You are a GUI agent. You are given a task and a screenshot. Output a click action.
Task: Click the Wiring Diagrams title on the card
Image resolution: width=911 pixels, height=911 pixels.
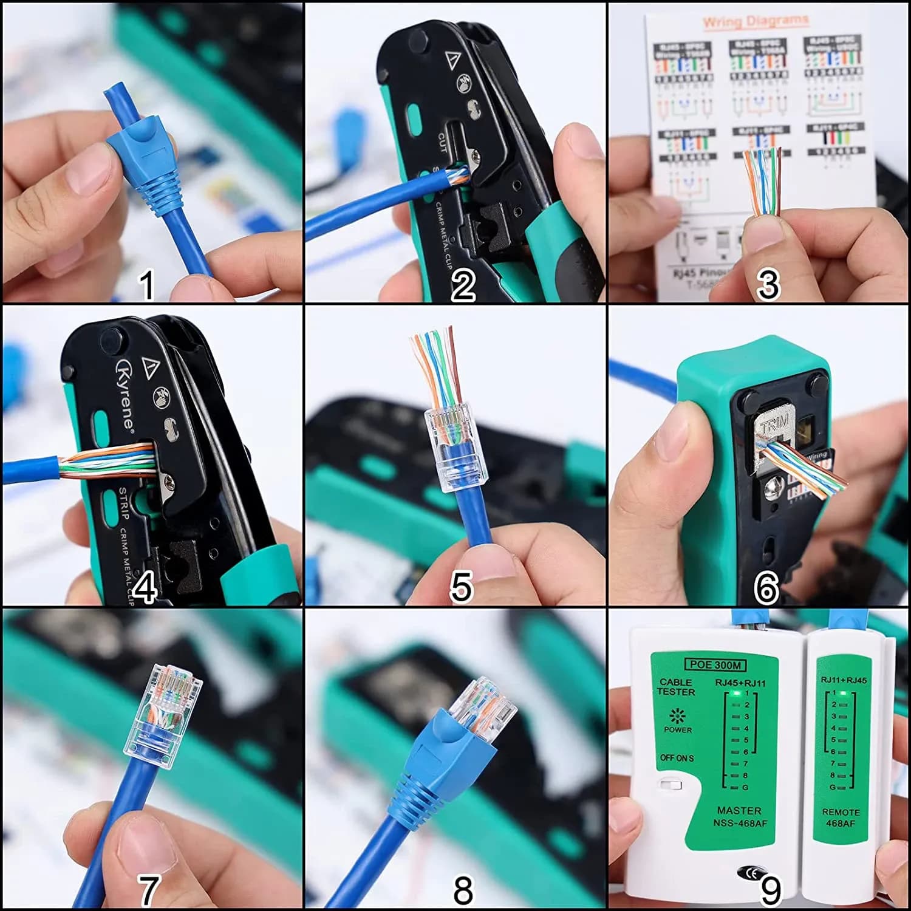(x=756, y=22)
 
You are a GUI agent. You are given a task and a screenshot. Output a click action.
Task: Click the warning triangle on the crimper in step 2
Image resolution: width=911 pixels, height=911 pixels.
(x=451, y=61)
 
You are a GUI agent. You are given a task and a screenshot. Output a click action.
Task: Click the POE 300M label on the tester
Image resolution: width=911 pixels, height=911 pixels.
(x=714, y=664)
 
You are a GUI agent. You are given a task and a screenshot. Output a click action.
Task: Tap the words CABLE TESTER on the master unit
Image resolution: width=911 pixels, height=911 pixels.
(x=676, y=687)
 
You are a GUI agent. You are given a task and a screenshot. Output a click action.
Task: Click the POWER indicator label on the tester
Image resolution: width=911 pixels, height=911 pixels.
(x=677, y=729)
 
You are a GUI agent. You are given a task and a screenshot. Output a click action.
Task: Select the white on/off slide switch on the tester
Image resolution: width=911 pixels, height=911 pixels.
(x=670, y=785)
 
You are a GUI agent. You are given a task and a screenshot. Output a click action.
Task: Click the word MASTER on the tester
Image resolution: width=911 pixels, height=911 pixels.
(x=739, y=810)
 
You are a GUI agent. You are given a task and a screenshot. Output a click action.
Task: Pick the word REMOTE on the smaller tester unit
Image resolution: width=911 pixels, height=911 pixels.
(x=841, y=812)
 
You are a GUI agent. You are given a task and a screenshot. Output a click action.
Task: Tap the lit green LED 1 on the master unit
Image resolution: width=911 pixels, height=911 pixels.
(x=735, y=693)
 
